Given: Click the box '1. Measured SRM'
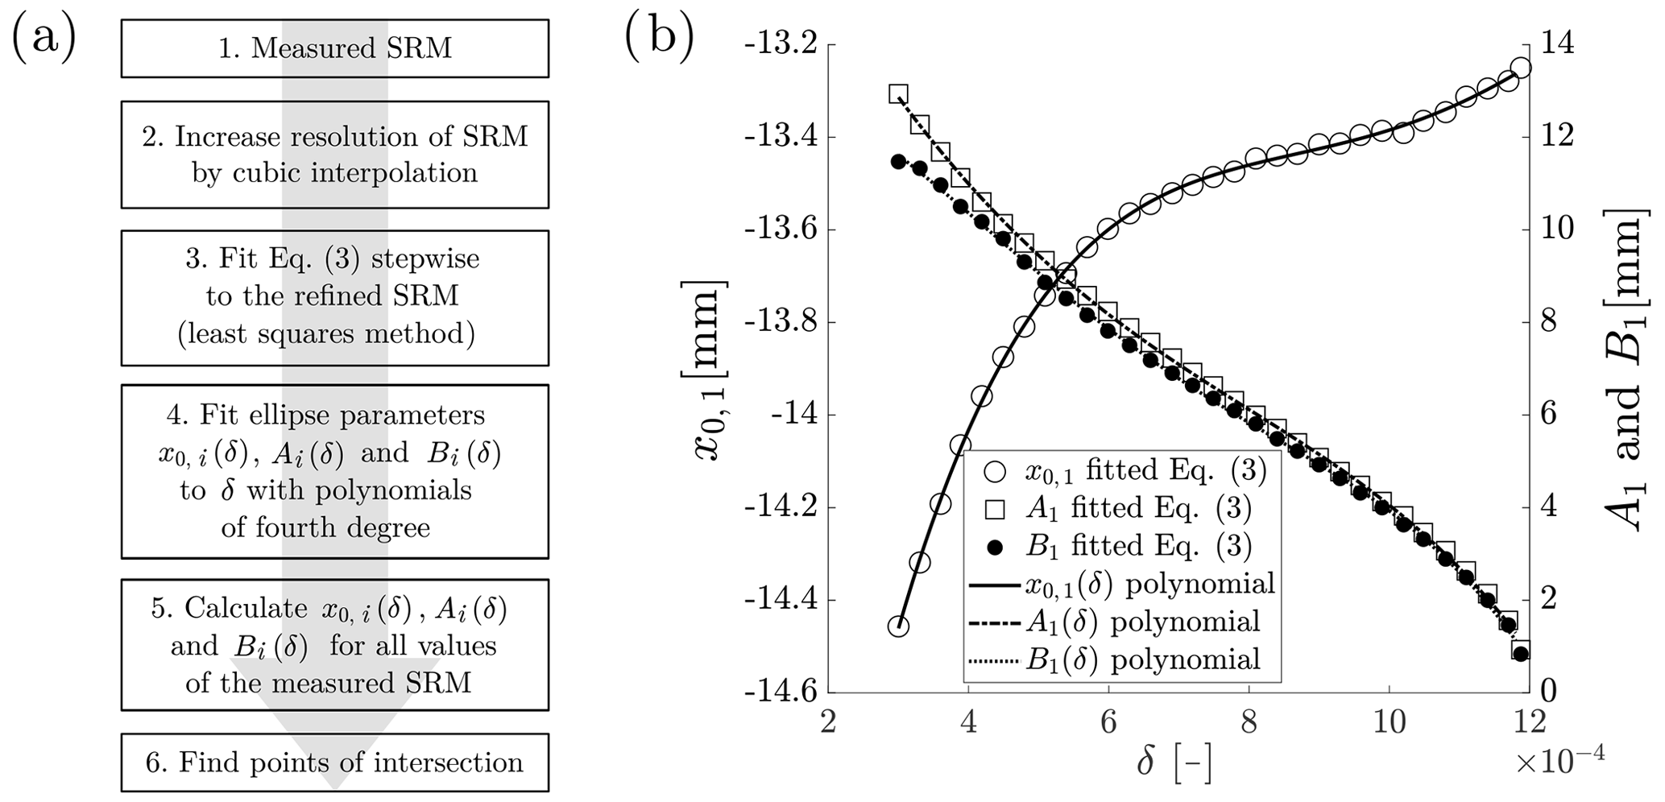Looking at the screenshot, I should tap(335, 48).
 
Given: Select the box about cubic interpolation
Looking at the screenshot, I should tap(335, 155).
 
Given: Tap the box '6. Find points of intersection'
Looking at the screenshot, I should tap(335, 762).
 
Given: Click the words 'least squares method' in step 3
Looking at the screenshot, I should tap(326, 333).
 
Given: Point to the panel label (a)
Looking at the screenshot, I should tap(43, 38).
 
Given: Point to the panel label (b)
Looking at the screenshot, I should tap(658, 38).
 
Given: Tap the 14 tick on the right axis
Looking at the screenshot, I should tap(1556, 44).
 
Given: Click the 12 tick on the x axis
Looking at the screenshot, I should tap(1529, 721).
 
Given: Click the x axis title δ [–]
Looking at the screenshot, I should tap(1174, 762).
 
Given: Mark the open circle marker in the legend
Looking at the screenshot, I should tap(996, 470).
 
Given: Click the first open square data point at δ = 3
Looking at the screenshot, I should tap(898, 93).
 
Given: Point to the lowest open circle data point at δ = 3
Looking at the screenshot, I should tap(898, 626).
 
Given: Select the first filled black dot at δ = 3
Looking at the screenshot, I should tap(898, 161).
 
